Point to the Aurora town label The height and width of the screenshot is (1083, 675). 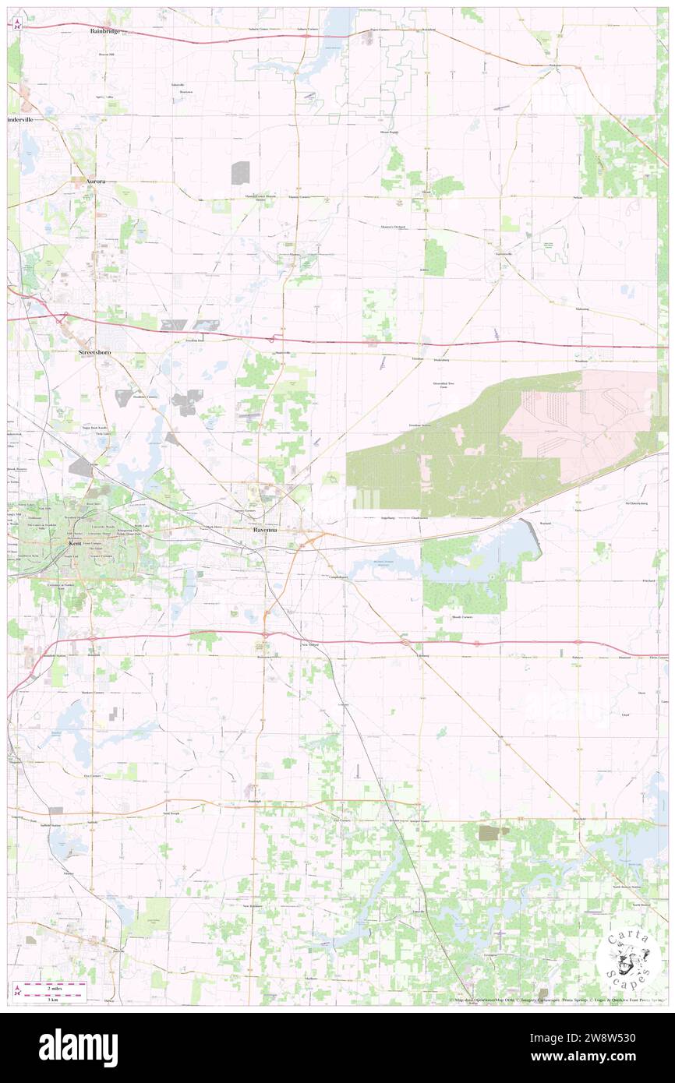(x=95, y=180)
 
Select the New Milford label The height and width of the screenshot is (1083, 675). (x=309, y=645)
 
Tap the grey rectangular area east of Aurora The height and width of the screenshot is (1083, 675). (x=240, y=172)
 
